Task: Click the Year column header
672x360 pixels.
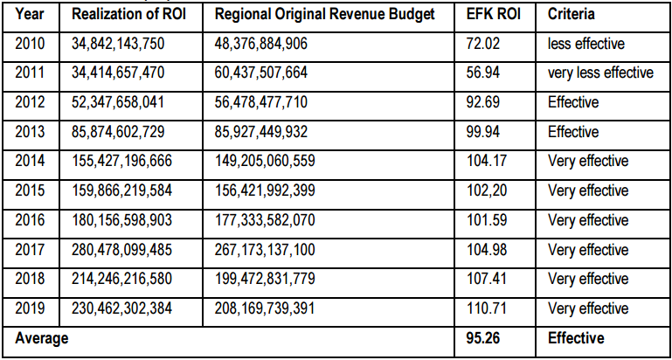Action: [30, 15]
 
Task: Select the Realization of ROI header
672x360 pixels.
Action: [129, 15]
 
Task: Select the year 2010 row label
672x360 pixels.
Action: [30, 44]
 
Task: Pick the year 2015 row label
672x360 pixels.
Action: [30, 190]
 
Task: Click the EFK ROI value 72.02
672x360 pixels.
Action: [483, 44]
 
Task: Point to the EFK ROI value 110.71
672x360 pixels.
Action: [487, 308]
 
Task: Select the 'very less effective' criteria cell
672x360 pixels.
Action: [600, 73]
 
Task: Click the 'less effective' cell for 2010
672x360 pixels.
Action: [585, 44]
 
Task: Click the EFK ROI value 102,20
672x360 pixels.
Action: [487, 190]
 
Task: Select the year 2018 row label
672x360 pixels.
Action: [30, 279]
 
